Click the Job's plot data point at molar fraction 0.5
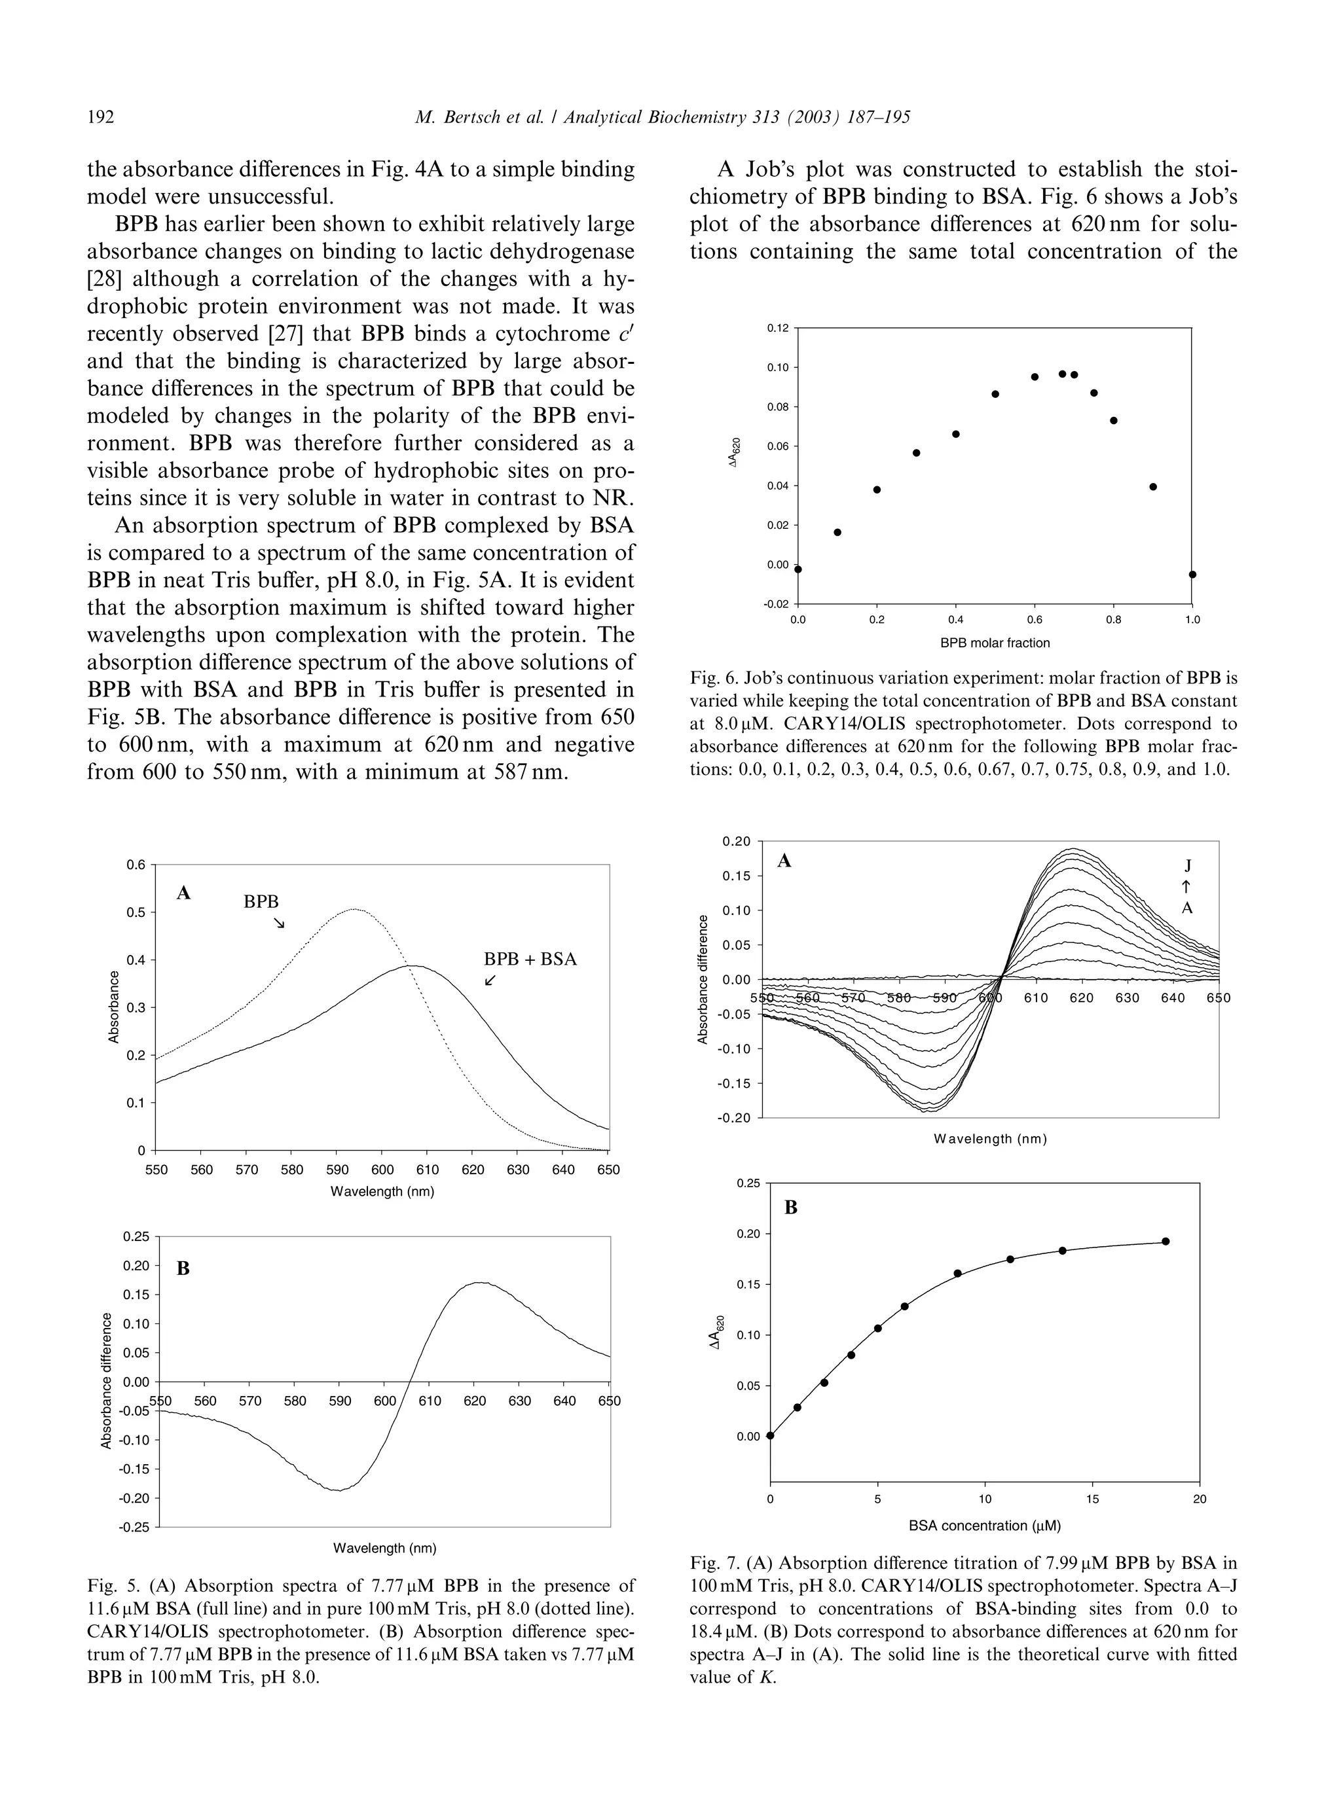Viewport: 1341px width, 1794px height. tap(995, 394)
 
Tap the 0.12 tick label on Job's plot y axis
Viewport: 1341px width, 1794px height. tap(777, 328)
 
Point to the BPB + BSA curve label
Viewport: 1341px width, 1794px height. tap(530, 960)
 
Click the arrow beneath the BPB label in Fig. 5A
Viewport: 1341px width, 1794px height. tap(279, 923)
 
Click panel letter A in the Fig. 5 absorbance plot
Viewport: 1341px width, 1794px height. tap(183, 893)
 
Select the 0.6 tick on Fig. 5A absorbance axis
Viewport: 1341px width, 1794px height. tap(136, 865)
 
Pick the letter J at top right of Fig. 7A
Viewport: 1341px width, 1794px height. tap(1188, 865)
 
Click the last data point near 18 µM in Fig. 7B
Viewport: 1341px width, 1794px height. tap(1165, 1241)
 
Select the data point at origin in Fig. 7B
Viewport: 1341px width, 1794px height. tap(770, 1435)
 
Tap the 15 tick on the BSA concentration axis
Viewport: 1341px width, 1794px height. tap(1092, 1499)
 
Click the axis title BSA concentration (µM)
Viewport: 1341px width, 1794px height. tap(984, 1526)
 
